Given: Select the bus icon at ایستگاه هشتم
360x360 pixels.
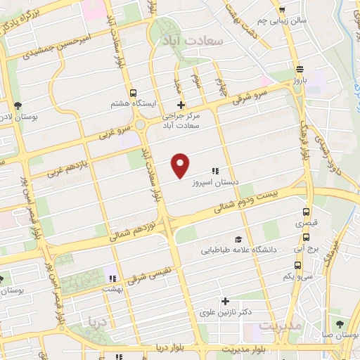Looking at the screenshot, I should tap(134, 93).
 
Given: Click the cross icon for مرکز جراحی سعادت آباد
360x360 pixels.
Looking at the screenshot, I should tap(181, 105).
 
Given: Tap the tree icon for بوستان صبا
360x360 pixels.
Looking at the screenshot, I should tap(340, 323).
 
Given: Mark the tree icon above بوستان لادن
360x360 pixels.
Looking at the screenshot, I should tap(16, 106).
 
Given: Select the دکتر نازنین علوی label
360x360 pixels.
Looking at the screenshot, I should tap(226, 311).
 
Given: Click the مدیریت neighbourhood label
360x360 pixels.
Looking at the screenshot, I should tap(280, 327).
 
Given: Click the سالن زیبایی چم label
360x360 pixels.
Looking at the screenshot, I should tap(301, 21).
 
